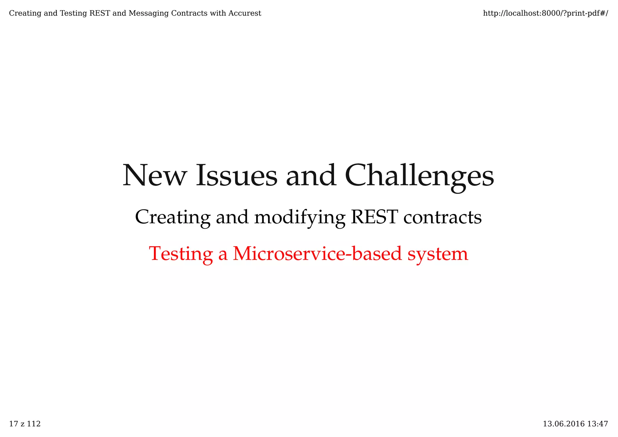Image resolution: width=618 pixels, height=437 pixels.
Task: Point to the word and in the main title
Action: [311, 176]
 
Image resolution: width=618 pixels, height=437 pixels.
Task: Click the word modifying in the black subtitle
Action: [300, 218]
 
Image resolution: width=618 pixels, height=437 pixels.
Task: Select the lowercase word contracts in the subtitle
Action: [442, 217]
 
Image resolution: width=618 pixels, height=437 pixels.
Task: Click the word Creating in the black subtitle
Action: [173, 218]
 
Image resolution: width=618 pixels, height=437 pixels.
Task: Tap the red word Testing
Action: [181, 254]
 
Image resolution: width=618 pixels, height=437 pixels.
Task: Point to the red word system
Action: [438, 254]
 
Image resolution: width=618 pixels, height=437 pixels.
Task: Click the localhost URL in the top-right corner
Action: [545, 13]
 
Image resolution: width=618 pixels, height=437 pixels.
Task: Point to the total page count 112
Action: [33, 424]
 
